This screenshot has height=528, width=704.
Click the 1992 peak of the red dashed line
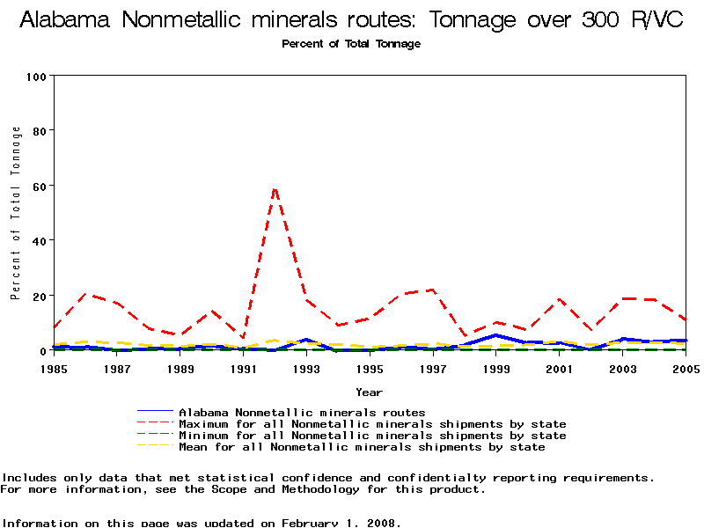[275, 187]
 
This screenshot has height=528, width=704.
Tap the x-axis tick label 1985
[54, 370]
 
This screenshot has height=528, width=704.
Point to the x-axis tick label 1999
[495, 370]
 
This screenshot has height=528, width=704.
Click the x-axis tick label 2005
[685, 370]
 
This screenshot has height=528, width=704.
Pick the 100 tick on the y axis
[36, 77]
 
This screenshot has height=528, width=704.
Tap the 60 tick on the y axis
[40, 186]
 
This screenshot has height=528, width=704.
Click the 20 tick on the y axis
[40, 296]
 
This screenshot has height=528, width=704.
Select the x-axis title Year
[369, 392]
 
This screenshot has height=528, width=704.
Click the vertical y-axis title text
[16, 213]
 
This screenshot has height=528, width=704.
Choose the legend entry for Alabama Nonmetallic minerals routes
[302, 413]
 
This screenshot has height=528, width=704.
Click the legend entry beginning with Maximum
[372, 424]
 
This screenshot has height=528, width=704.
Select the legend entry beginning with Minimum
[372, 436]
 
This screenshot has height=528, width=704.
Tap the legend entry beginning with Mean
[362, 447]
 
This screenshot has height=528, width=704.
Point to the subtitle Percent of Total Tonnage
[351, 44]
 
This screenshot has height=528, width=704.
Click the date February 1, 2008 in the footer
[341, 523]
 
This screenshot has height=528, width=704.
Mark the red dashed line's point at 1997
[432, 290]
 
